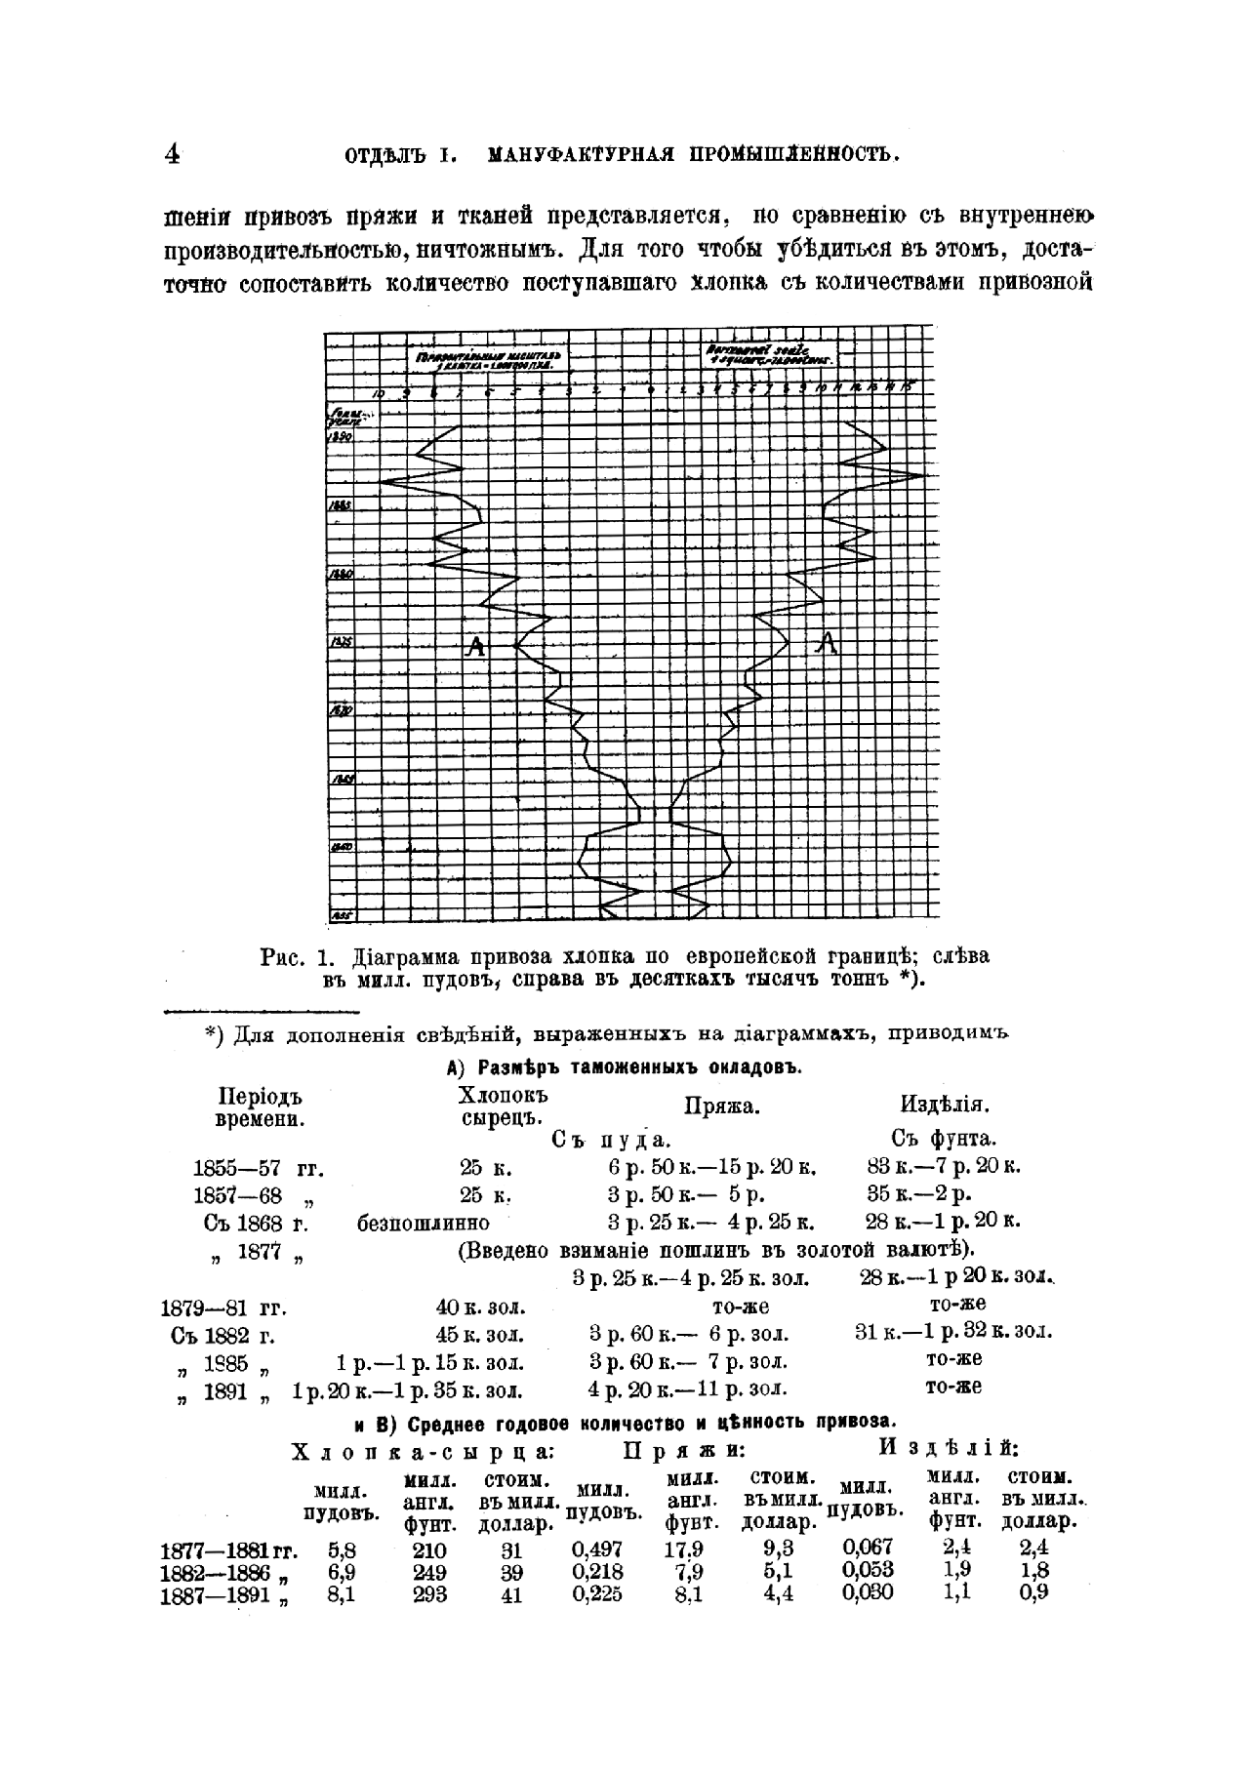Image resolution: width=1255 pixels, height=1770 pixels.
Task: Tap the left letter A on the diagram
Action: point(475,645)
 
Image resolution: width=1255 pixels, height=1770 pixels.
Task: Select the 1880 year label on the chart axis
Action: point(341,576)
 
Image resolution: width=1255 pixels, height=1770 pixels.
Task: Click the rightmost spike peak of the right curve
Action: point(922,476)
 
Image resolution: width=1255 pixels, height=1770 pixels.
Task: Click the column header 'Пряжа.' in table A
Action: point(722,1106)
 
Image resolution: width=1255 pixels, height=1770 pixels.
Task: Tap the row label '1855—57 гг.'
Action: point(258,1168)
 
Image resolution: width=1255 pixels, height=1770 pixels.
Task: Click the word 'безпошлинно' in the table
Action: point(424,1223)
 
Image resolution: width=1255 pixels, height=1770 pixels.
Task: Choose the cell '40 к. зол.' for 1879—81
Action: point(479,1307)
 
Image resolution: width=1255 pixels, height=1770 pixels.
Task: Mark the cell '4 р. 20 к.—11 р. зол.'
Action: point(688,1389)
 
